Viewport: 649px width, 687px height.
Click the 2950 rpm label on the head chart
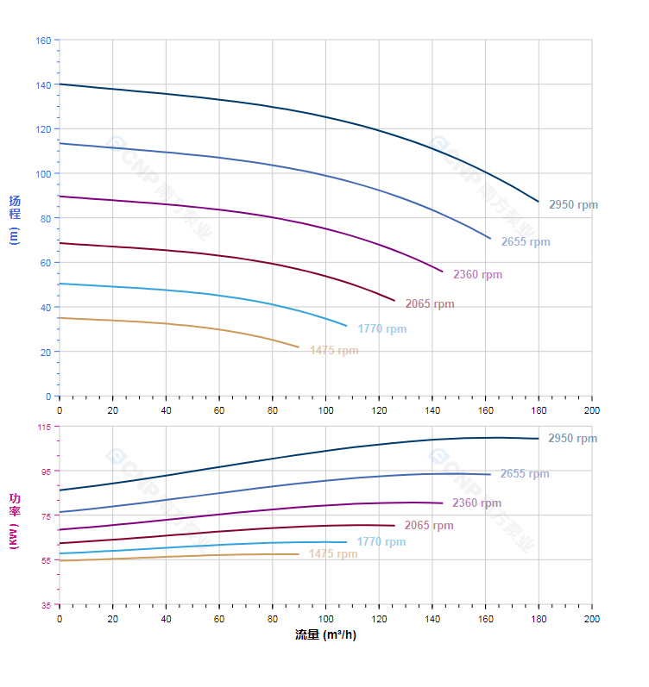[573, 205]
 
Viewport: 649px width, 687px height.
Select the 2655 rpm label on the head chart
[526, 242]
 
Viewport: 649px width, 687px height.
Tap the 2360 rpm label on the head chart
[477, 275]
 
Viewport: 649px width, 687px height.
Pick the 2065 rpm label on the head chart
[430, 304]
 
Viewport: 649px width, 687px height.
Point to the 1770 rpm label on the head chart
[381, 329]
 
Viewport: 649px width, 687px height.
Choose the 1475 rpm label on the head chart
[334, 351]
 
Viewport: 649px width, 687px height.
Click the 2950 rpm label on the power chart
[572, 439]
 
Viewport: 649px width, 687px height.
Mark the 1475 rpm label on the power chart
[333, 554]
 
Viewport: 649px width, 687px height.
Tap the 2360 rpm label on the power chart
[476, 503]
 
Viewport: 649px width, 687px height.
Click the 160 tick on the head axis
[43, 41]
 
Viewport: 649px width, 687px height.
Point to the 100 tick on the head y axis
[43, 174]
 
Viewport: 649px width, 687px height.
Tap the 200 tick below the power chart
[592, 619]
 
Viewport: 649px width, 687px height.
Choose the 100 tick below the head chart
[325, 410]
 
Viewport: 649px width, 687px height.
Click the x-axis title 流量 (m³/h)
[325, 635]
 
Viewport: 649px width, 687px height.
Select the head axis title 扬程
[15, 208]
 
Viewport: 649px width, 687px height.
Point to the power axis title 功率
[15, 504]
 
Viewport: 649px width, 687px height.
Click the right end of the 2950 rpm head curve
[539, 202]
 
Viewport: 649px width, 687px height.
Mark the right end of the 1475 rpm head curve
[299, 347]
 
